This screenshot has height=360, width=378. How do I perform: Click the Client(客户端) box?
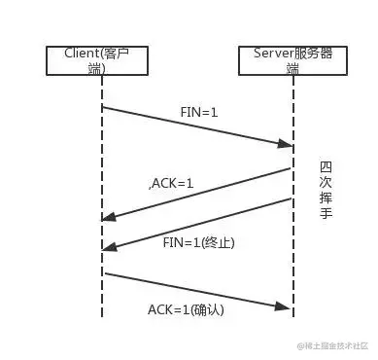click(102, 59)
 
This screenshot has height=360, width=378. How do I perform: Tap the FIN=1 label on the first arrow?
click(199, 113)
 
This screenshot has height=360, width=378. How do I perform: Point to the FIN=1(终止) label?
click(198, 241)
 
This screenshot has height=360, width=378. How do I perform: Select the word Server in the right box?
click(273, 53)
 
